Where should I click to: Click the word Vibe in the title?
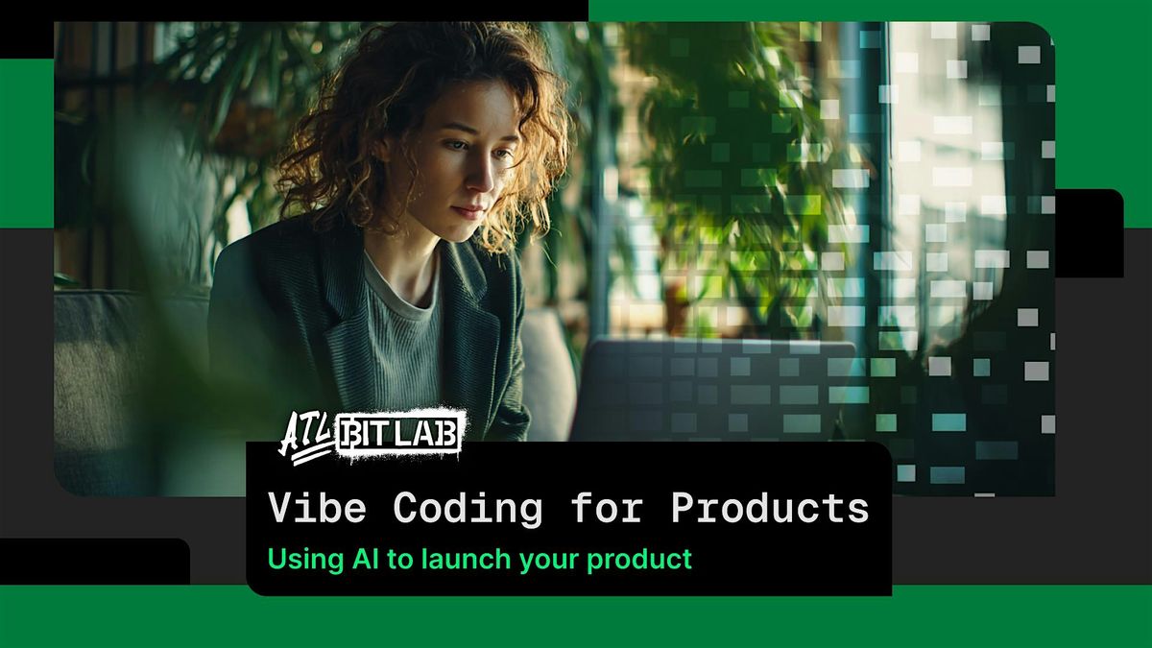pyautogui.click(x=318, y=507)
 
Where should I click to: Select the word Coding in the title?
pyautogui.click(x=468, y=509)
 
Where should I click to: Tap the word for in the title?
pyautogui.click(x=607, y=507)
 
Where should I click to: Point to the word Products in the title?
pyautogui.click(x=770, y=507)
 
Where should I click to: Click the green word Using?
pyautogui.click(x=305, y=560)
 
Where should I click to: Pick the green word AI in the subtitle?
pyautogui.click(x=366, y=559)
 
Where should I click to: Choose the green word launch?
pyautogui.click(x=466, y=559)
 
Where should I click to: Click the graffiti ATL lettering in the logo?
pyautogui.click(x=306, y=437)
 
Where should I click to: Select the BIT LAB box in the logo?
pyautogui.click(x=398, y=435)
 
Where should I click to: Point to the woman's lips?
pyautogui.click(x=468, y=211)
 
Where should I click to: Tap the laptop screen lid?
pyautogui.click(x=715, y=390)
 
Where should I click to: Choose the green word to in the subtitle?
pyautogui.click(x=400, y=560)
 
